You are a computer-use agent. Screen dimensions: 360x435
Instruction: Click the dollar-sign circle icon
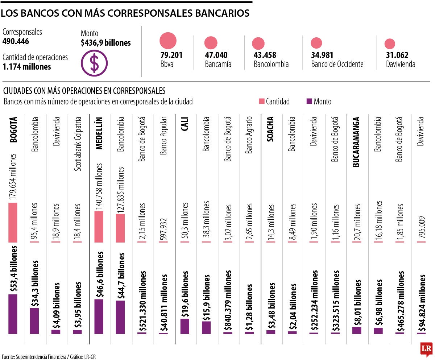click(x=94, y=63)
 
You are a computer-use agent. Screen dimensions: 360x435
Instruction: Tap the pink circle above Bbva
click(x=168, y=41)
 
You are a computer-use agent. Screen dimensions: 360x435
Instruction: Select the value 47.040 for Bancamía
click(x=216, y=55)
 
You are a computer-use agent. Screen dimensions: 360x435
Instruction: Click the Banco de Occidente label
click(x=337, y=65)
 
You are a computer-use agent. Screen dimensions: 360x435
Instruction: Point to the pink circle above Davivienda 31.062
click(x=390, y=44)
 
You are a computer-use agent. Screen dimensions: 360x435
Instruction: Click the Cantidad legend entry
click(x=274, y=102)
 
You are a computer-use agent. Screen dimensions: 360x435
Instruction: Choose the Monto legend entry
click(x=319, y=102)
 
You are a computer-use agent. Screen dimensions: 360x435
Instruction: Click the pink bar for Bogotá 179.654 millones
click(x=13, y=222)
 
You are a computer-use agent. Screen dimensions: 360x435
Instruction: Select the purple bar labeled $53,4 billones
click(x=13, y=314)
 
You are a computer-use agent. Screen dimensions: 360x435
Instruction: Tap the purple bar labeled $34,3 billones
click(x=34, y=320)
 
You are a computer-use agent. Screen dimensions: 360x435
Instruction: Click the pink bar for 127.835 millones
click(x=120, y=228)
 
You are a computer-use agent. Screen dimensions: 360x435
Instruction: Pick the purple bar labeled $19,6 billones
click(x=185, y=326)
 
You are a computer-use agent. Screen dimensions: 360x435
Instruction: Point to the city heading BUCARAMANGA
click(x=357, y=141)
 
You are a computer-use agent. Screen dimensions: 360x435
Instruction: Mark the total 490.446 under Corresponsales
click(x=16, y=41)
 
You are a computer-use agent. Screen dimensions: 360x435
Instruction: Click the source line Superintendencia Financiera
click(x=36, y=356)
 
